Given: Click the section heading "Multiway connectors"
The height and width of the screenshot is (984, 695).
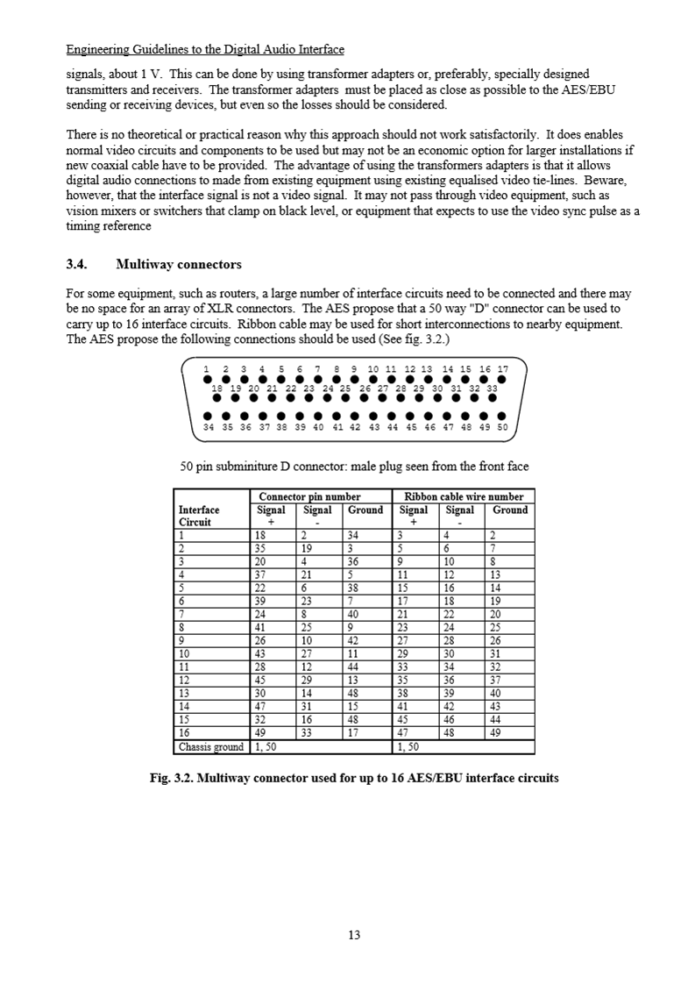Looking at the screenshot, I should pyautogui.click(x=179, y=264).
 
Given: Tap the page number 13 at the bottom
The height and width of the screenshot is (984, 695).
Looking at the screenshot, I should pyautogui.click(x=354, y=935).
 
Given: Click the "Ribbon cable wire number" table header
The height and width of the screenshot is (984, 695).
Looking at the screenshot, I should pyautogui.click(x=462, y=496).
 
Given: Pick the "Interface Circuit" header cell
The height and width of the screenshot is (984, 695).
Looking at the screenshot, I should pyautogui.click(x=199, y=516).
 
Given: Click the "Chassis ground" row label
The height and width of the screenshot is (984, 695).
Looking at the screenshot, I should pyautogui.click(x=211, y=747).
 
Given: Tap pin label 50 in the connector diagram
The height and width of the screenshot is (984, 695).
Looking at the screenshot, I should pyautogui.click(x=502, y=428).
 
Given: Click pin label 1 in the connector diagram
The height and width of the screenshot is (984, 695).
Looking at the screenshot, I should pyautogui.click(x=207, y=369).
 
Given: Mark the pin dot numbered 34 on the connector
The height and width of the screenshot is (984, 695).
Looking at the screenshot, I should pyautogui.click(x=209, y=417).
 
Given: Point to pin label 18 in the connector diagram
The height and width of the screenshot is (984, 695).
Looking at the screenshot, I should pyautogui.click(x=216, y=387).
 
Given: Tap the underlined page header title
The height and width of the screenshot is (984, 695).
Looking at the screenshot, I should pyautogui.click(x=205, y=49).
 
